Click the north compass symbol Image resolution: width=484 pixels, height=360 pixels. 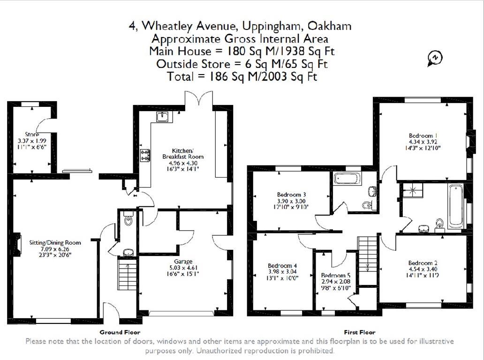click(435, 58)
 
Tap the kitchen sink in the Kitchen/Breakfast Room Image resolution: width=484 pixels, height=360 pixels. click(163, 116)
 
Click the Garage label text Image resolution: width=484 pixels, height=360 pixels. click(183, 261)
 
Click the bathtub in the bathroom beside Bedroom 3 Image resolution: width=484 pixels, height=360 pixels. click(347, 178)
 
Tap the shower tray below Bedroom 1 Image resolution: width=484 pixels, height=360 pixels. click(411, 190)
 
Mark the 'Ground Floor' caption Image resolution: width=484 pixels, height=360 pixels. click(120, 332)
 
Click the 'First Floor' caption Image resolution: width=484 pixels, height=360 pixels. click(360, 332)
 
